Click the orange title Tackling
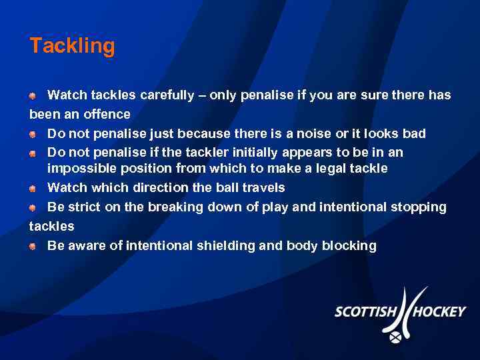[x=72, y=46]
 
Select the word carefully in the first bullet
[x=169, y=95]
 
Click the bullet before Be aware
[x=33, y=246]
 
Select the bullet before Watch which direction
[x=33, y=188]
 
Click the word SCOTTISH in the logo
[x=366, y=312]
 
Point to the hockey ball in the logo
[x=395, y=337]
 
